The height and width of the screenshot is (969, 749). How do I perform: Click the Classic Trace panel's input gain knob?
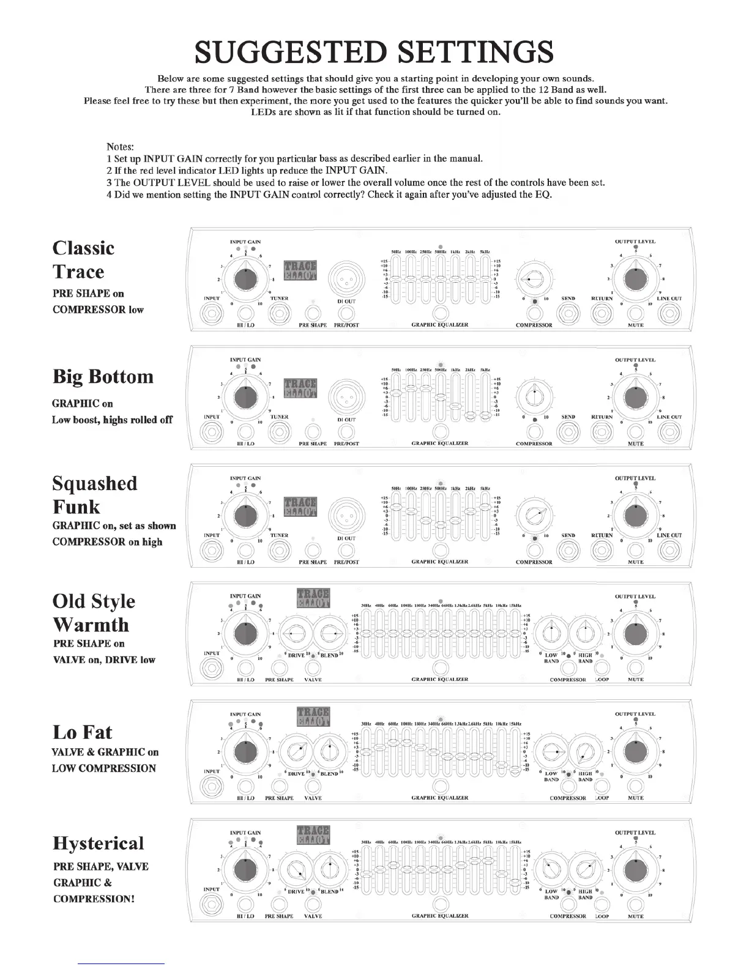click(245, 280)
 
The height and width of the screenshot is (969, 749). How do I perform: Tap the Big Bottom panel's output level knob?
click(636, 398)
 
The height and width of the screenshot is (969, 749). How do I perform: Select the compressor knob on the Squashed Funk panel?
click(534, 516)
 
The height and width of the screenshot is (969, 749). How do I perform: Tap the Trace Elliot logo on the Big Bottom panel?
click(300, 388)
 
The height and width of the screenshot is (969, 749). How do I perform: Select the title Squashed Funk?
click(94, 495)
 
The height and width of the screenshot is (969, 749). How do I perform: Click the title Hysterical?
click(99, 843)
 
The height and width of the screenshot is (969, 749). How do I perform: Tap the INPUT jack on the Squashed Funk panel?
click(212, 550)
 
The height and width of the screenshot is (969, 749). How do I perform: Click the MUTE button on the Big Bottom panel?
click(636, 432)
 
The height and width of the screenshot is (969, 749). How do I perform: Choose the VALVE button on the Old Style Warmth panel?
click(313, 667)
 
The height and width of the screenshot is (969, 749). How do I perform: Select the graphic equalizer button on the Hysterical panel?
click(440, 904)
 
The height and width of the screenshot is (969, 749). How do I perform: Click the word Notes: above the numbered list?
click(121, 147)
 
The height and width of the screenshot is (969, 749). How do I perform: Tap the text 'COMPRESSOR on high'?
click(108, 541)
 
